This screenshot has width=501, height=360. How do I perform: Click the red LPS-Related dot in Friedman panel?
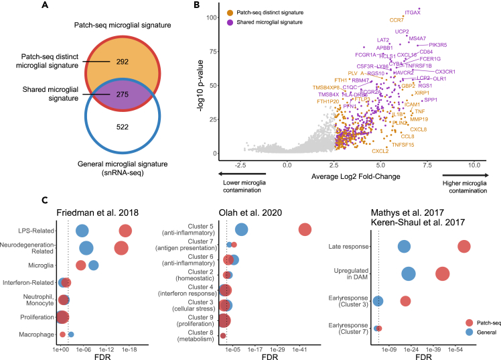tap(125, 231)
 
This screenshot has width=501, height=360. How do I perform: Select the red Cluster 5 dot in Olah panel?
tap(305, 229)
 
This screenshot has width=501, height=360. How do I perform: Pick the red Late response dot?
tap(463, 247)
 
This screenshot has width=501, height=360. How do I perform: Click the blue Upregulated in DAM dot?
tap(408, 274)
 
